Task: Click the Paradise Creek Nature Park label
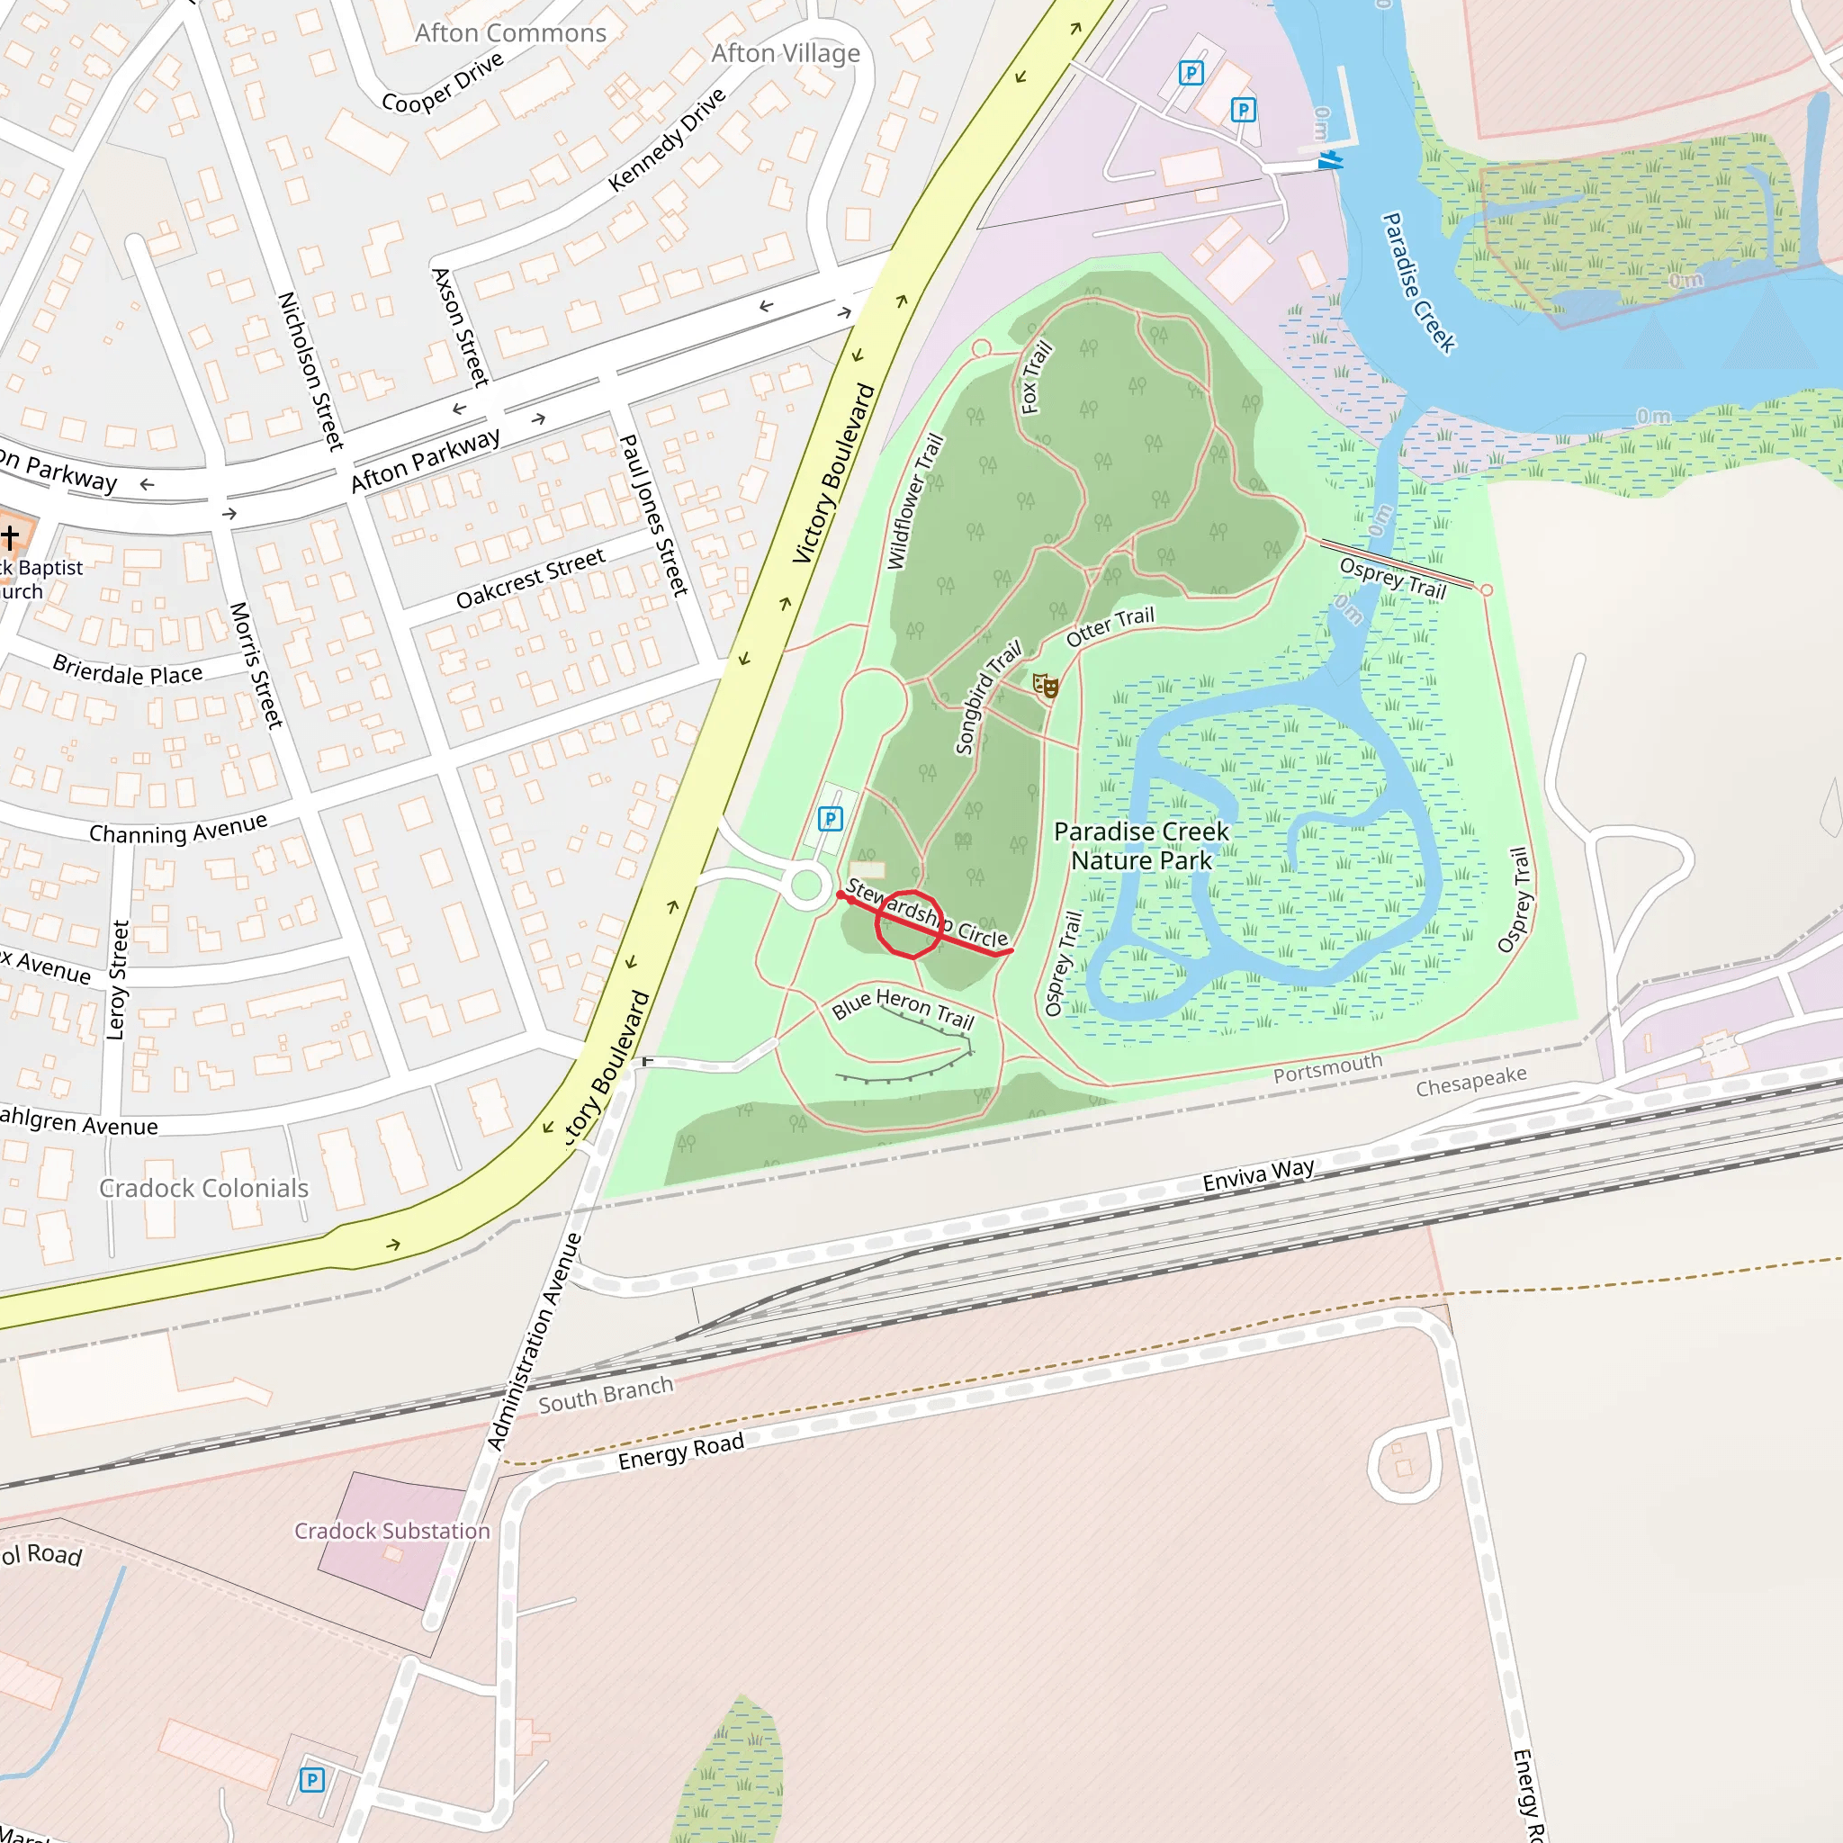click(x=1141, y=846)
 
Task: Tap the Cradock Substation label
click(x=391, y=1530)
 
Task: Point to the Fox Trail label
click(x=1036, y=378)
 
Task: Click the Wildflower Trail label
click(x=915, y=502)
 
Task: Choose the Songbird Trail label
click(x=987, y=697)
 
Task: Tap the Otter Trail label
click(x=1110, y=625)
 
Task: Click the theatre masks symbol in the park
click(x=1046, y=685)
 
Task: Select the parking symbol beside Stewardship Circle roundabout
click(x=830, y=819)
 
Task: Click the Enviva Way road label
click(x=1257, y=1174)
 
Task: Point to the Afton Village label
click(x=785, y=53)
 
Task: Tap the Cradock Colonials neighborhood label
click(x=203, y=1188)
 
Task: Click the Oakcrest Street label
click(x=530, y=578)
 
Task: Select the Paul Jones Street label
click(x=653, y=515)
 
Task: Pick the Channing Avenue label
click(x=177, y=829)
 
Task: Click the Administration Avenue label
click(x=534, y=1342)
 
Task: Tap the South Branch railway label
click(x=605, y=1395)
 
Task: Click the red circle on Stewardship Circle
click(x=909, y=923)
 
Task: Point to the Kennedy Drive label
click(x=667, y=139)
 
